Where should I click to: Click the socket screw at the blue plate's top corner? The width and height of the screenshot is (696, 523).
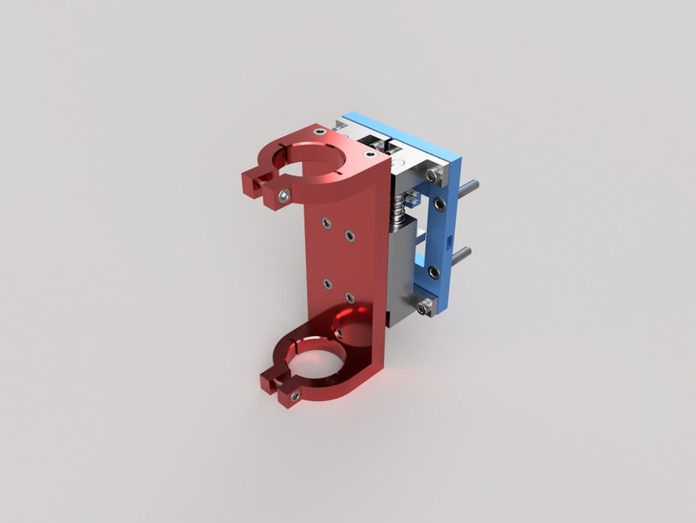[x=433, y=176]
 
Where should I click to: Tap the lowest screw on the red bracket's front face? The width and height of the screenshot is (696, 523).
[x=350, y=298]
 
